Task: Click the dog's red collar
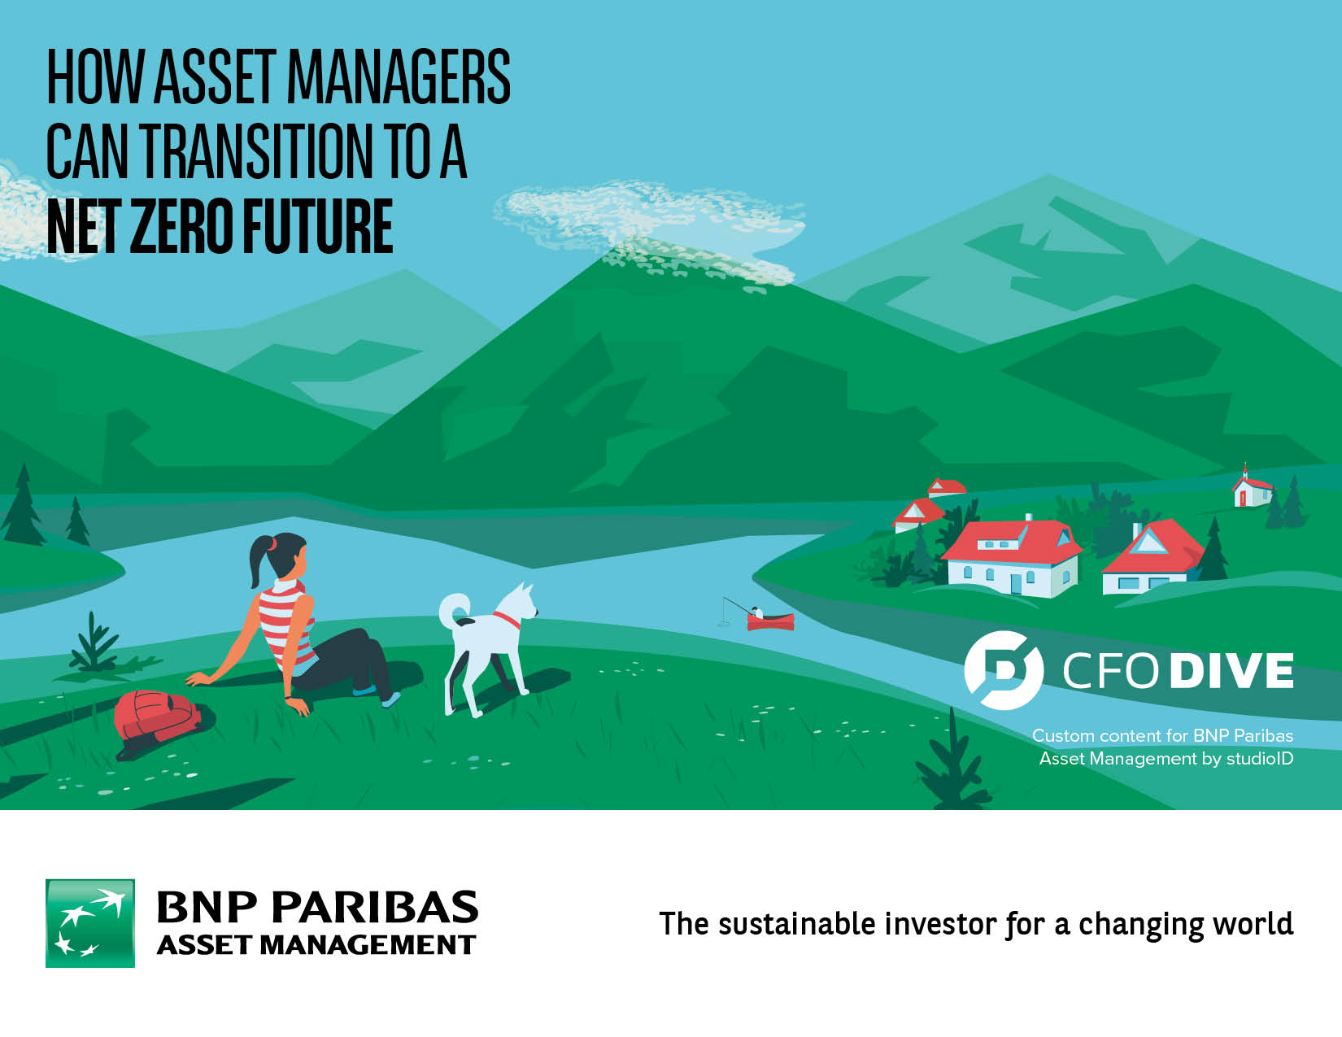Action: click(x=508, y=619)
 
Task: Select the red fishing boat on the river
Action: click(x=770, y=621)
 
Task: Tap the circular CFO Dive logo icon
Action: click(x=1004, y=670)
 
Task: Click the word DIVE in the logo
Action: click(x=1231, y=671)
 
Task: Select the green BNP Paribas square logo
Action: click(x=90, y=923)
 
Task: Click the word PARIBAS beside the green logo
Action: click(x=375, y=907)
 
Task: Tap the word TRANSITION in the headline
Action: click(x=255, y=150)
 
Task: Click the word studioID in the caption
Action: click(x=1260, y=758)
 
